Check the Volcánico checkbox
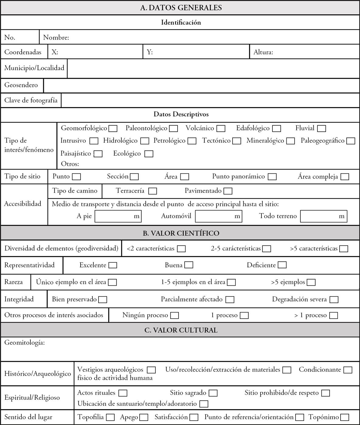click(x=221, y=129)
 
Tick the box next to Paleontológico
click(x=174, y=129)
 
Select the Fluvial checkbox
click(x=321, y=129)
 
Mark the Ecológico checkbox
click(x=149, y=154)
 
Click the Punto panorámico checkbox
click(x=272, y=177)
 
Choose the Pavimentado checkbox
click(x=228, y=191)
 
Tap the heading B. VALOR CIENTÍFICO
click(x=181, y=233)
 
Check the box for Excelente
click(x=113, y=265)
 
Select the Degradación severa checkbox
click(x=334, y=300)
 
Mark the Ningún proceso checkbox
click(x=175, y=315)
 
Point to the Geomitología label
click(x=25, y=343)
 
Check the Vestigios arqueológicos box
click(x=151, y=370)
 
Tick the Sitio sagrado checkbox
click(x=213, y=393)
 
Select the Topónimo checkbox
click(x=345, y=417)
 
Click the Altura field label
click(x=263, y=52)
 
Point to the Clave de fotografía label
click(x=31, y=100)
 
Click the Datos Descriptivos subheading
click(x=181, y=114)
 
